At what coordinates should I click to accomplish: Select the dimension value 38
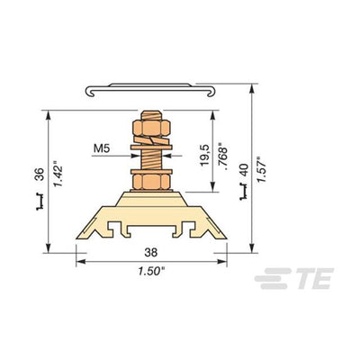point(151,252)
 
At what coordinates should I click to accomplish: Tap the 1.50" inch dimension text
point(151,271)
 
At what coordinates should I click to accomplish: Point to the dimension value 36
point(40,174)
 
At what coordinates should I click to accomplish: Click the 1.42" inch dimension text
point(58,174)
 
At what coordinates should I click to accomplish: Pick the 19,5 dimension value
point(205,155)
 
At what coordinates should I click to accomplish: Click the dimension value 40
point(244,170)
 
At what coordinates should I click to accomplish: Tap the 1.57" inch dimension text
point(261,169)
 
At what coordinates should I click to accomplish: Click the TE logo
point(294,278)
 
